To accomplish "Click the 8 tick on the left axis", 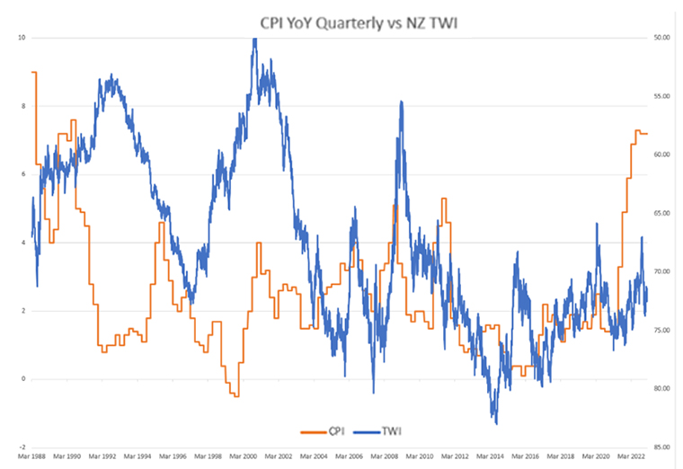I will [22, 106].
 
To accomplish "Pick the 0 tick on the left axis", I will [22, 379].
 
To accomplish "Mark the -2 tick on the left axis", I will [20, 447].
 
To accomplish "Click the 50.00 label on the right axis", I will [663, 38].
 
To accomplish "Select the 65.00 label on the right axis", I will [663, 213].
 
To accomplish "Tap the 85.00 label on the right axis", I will [663, 447].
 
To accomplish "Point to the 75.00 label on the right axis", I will [663, 331].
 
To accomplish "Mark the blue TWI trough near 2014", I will [495, 420].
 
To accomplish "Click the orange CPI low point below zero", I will [235, 395].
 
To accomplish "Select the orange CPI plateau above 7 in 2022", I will [642, 133].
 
